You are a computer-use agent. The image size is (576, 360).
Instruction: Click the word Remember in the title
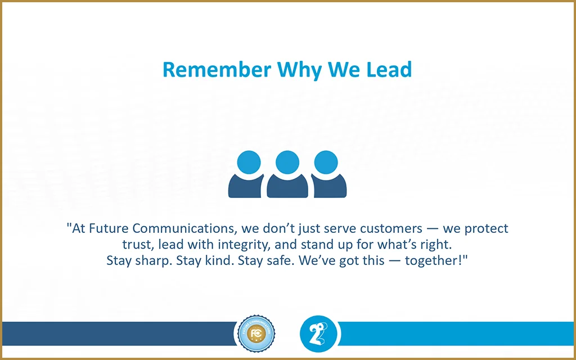pos(217,69)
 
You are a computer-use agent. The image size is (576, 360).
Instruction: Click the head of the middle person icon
pos(287,163)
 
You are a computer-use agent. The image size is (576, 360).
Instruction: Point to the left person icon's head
pos(249,163)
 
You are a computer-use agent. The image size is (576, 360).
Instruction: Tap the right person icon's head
pos(326,163)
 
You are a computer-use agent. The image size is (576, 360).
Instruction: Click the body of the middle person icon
pos(287,187)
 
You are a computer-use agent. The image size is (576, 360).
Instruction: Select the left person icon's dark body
pos(245,187)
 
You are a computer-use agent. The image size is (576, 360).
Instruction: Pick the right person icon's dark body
pos(329,187)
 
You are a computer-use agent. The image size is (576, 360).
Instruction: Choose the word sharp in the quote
pos(154,261)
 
